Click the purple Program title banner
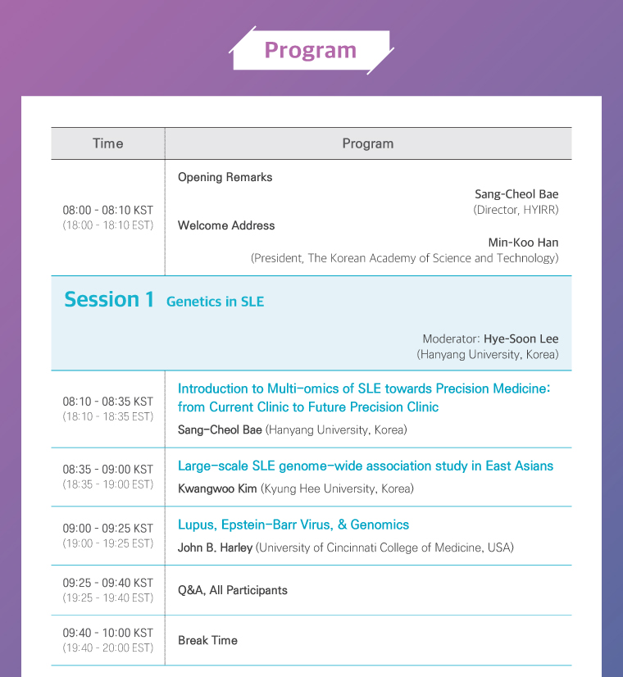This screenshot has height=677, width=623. coord(311,50)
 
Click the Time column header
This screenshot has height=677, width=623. coord(108,143)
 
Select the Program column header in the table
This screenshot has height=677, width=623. coord(368,143)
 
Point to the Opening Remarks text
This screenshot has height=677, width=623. coord(225,177)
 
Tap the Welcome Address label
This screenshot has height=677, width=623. coord(226,225)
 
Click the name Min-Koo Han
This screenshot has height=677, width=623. coord(523,243)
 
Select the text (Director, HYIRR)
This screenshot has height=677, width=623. coord(516,210)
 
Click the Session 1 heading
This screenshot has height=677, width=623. coord(109,299)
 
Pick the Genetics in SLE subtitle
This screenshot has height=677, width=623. coord(215,302)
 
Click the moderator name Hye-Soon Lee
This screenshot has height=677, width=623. coord(521,338)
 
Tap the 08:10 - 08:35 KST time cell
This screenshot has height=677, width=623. coord(108,402)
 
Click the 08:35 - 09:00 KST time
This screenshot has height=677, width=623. coord(108,470)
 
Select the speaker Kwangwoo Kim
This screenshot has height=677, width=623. coord(217,488)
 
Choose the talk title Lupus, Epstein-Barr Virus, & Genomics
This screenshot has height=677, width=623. coord(293,525)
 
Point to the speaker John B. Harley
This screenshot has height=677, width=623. coord(215,548)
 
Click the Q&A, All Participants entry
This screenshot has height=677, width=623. coord(233,590)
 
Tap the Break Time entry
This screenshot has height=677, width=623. coord(207,640)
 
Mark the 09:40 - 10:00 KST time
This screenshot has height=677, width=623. coord(108,633)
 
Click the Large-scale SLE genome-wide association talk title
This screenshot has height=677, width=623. coord(366,466)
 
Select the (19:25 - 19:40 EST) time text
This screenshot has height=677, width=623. coord(108,598)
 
